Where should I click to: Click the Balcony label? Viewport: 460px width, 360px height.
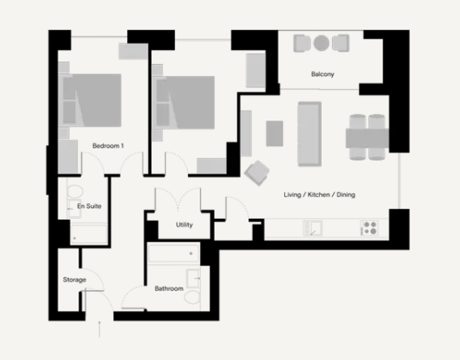pos(323,74)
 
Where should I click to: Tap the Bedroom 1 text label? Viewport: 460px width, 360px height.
pos(108,146)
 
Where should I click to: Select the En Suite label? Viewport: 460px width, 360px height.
pos(89,206)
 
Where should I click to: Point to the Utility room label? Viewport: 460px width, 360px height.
pos(184,225)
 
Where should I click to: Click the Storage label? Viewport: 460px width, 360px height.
pos(75,280)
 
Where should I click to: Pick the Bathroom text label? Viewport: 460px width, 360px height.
pos(169,288)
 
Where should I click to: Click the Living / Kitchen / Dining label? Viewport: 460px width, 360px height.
pos(320,194)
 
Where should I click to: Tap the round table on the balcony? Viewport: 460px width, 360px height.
pos(321,43)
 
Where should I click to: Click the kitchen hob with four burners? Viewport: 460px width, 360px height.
pos(369,228)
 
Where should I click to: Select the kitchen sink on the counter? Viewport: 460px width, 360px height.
pos(312,229)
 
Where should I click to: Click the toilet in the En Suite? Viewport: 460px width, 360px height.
pos(75,191)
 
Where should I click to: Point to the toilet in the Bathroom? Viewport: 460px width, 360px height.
pos(192,297)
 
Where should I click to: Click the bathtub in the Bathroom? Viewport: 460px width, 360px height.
pos(174,253)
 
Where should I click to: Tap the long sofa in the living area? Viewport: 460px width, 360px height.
pos(310,134)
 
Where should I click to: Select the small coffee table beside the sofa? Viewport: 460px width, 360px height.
pos(275,133)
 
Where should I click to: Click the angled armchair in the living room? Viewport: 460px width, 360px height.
pos(257,173)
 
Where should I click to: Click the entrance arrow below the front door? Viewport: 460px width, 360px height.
pos(99,329)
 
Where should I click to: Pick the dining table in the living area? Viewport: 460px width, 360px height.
pos(367,138)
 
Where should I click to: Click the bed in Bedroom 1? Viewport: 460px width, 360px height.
pos(90,100)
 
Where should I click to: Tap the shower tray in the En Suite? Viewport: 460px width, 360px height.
pos(89,234)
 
